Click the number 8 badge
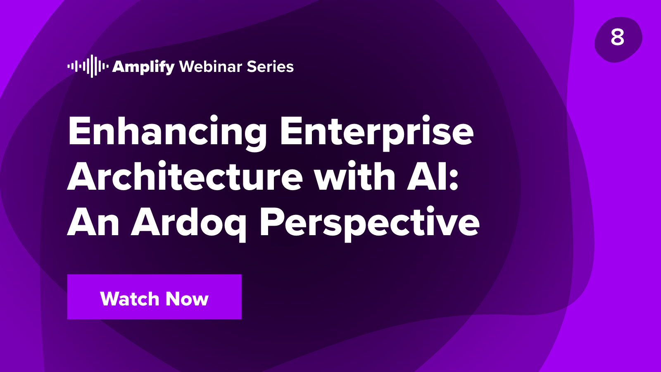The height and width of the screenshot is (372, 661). [618, 38]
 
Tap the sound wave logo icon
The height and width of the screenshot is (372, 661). [88, 66]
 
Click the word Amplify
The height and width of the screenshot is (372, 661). [143, 67]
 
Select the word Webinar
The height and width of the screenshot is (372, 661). [211, 67]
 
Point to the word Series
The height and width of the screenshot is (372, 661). [271, 67]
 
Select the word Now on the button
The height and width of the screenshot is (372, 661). [187, 299]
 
